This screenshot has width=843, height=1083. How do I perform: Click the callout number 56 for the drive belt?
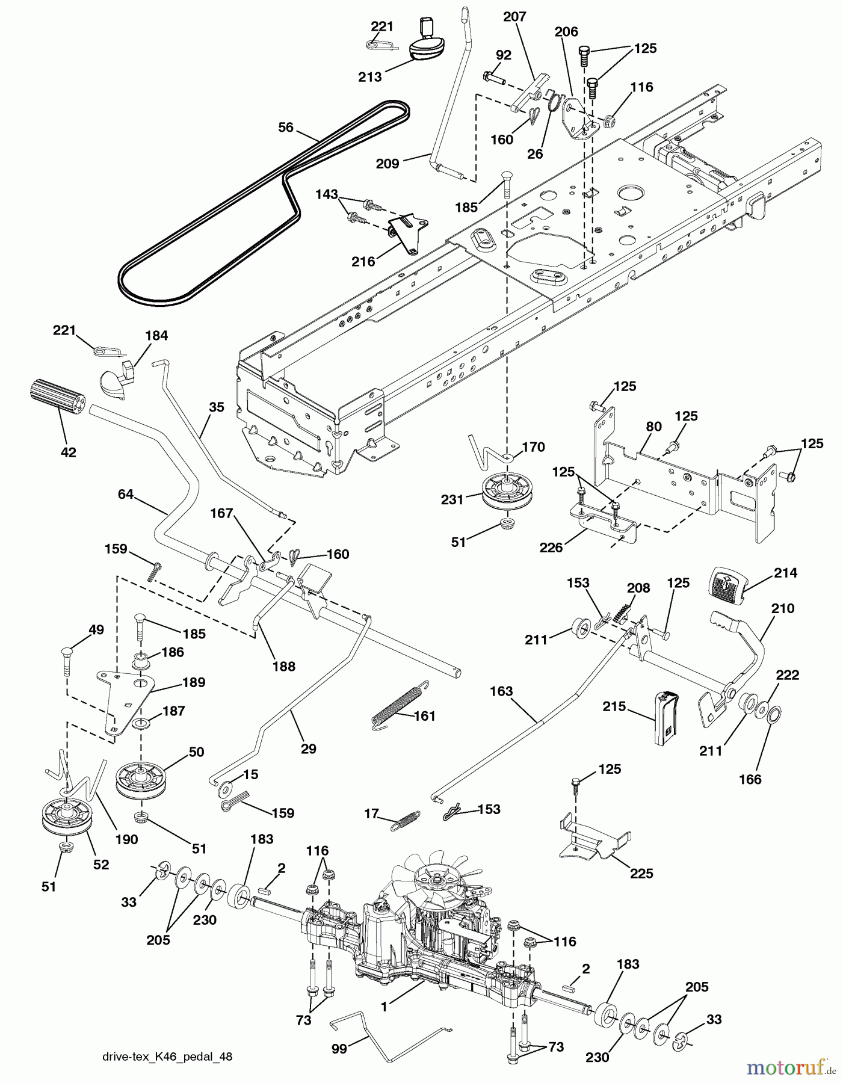coord(286,128)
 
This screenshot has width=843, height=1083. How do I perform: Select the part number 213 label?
coord(370,77)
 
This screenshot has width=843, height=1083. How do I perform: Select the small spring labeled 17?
coord(407,819)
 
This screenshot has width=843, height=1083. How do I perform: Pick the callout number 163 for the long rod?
coord(501,692)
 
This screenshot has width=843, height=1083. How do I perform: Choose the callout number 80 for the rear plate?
coord(653,427)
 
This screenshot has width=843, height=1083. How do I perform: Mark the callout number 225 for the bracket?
coord(641,873)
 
